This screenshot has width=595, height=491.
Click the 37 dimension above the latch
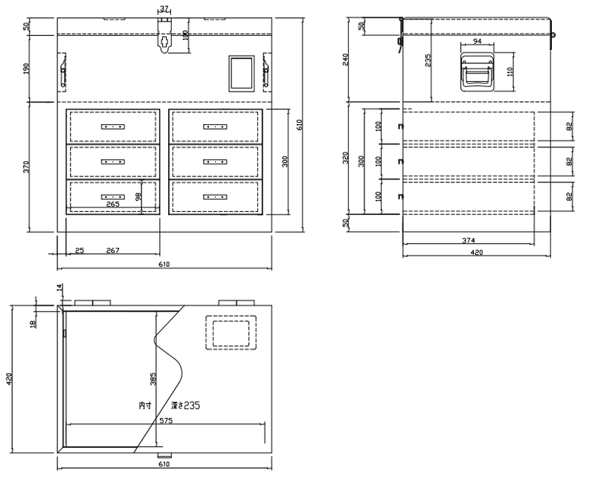click(x=164, y=8)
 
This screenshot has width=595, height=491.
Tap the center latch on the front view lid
click(x=164, y=35)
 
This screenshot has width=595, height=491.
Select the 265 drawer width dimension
click(x=113, y=204)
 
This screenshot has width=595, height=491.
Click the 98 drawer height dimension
click(x=138, y=196)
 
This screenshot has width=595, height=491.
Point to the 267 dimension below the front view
click(x=113, y=251)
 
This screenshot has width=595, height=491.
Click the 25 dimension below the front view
click(x=80, y=251)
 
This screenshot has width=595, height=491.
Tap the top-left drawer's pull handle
click(x=113, y=126)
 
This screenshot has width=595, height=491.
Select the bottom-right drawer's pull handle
click(x=215, y=197)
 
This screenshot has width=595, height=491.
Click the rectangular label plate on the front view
click(x=241, y=74)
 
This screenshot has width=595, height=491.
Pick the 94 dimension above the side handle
click(x=477, y=41)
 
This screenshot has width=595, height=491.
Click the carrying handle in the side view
click(x=477, y=72)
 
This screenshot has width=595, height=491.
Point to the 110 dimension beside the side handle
click(x=509, y=71)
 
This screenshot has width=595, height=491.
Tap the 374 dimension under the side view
click(x=469, y=240)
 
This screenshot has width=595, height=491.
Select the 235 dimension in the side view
click(x=428, y=60)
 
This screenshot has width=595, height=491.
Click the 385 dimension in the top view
click(x=153, y=379)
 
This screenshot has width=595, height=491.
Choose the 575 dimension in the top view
click(x=166, y=420)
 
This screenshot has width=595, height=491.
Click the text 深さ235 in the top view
click(x=185, y=405)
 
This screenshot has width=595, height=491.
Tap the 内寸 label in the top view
click(x=145, y=405)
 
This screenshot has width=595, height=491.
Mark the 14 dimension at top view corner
click(x=59, y=287)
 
